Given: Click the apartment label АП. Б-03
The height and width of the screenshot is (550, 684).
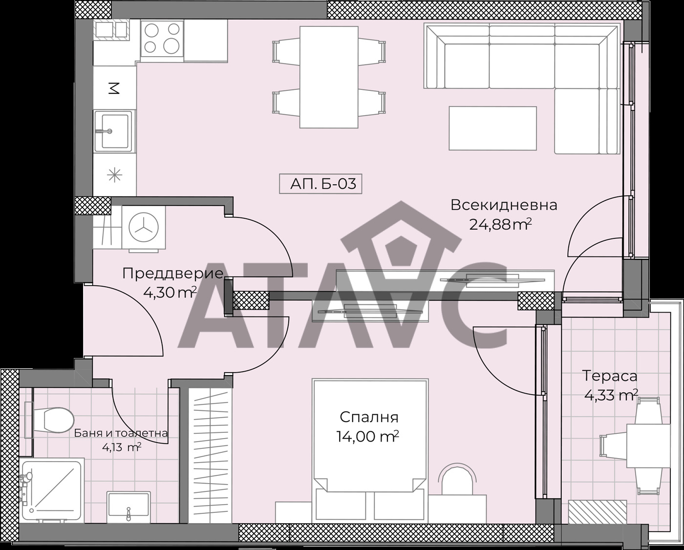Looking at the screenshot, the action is coord(321,184).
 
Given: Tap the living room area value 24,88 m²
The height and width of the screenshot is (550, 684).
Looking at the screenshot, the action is coord(500,225).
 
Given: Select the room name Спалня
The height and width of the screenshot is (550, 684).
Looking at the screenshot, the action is coord(369,417).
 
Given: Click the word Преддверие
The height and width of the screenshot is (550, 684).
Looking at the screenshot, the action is coord(173,274).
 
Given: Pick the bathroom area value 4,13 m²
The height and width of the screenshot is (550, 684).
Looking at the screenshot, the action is coord(122,447).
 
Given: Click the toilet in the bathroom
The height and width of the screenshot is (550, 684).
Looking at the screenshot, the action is coord(50,420).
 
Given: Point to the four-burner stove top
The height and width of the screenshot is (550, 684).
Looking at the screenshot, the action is coord(162,39).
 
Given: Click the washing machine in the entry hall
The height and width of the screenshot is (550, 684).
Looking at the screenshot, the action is coord(144,228).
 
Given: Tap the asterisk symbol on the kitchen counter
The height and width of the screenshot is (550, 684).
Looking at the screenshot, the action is coord(114,174).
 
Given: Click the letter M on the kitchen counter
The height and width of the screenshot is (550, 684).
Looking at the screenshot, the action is coord(114,88).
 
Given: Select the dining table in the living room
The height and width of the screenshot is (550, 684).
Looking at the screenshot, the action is coord(329,77).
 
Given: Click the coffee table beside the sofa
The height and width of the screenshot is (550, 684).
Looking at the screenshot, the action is coord(492,128).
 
